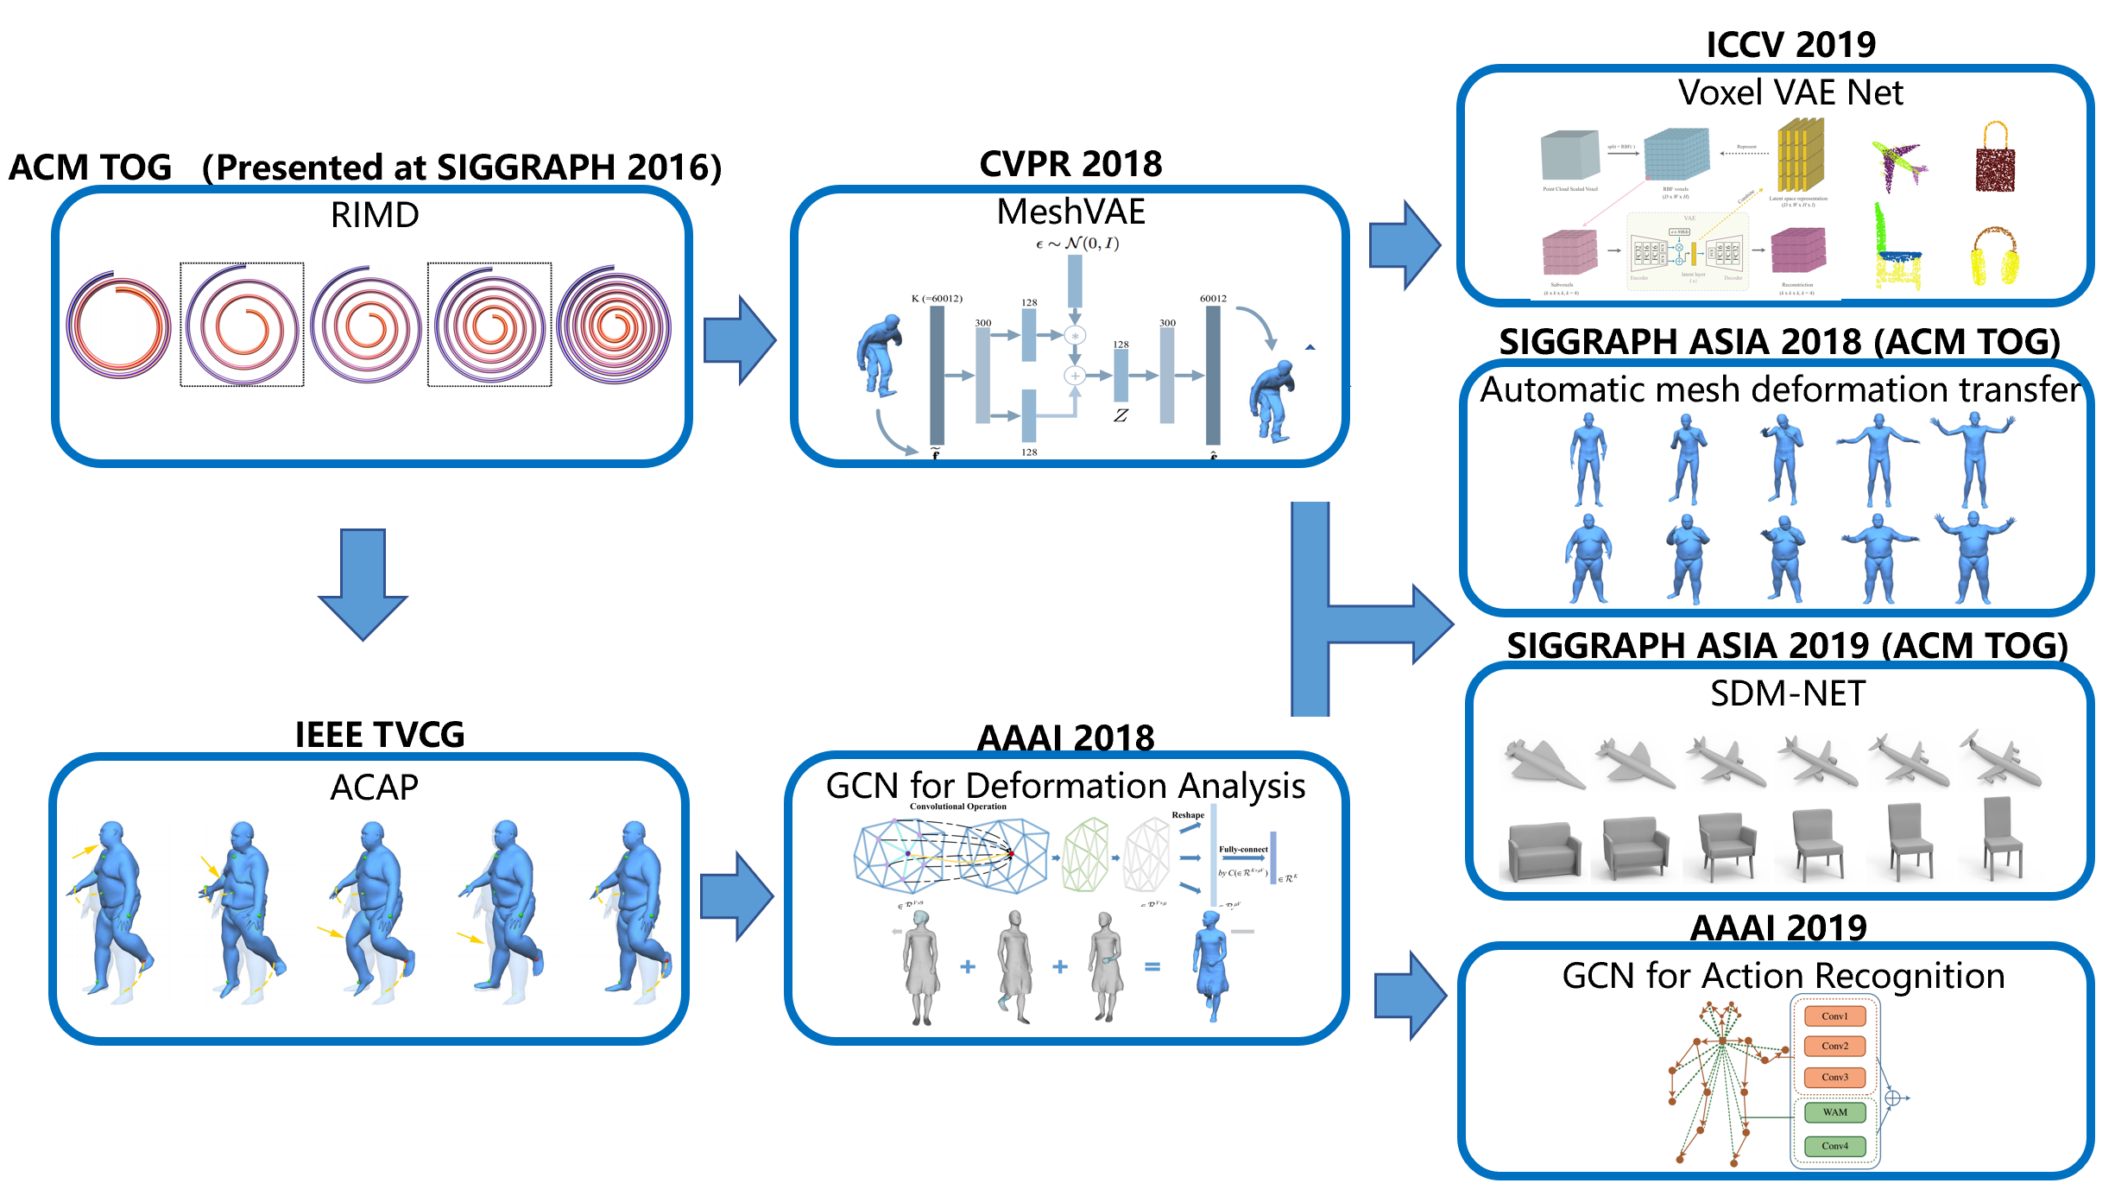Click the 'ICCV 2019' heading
[x=1790, y=45]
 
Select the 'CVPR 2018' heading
[x=1070, y=164]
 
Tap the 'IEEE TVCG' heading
[x=380, y=735]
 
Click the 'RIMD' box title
[x=375, y=215]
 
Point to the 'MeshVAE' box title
[x=1070, y=212]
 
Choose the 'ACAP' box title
[x=375, y=788]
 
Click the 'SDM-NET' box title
[x=1788, y=693]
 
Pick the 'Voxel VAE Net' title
[x=1790, y=92]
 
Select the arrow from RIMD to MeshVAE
[x=739, y=340]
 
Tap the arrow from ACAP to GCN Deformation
[x=736, y=895]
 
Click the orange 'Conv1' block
[x=1834, y=1016]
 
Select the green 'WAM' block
[x=1834, y=1112]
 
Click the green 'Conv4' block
[x=1834, y=1146]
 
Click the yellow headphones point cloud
[x=1994, y=256]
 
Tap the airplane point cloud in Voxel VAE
[x=1898, y=164]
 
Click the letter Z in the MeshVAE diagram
[x=1121, y=415]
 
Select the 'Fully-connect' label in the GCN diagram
[x=1243, y=850]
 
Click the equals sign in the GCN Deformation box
[x=1152, y=967]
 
